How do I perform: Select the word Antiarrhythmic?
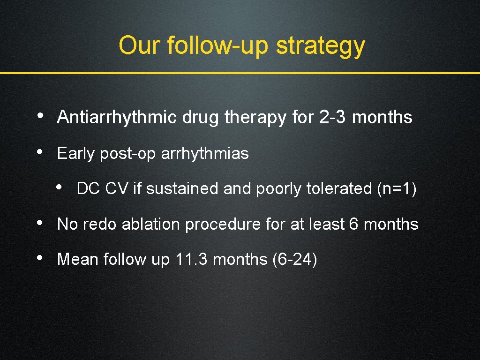click(x=117, y=117)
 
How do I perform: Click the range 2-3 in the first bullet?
click(x=333, y=117)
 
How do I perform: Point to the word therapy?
click(x=255, y=117)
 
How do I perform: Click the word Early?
click(x=76, y=153)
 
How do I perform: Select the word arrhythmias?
click(x=204, y=153)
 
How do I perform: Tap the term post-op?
click(x=128, y=154)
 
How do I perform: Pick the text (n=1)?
click(x=397, y=188)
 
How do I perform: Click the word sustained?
click(x=181, y=188)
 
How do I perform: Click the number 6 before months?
click(x=354, y=224)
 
